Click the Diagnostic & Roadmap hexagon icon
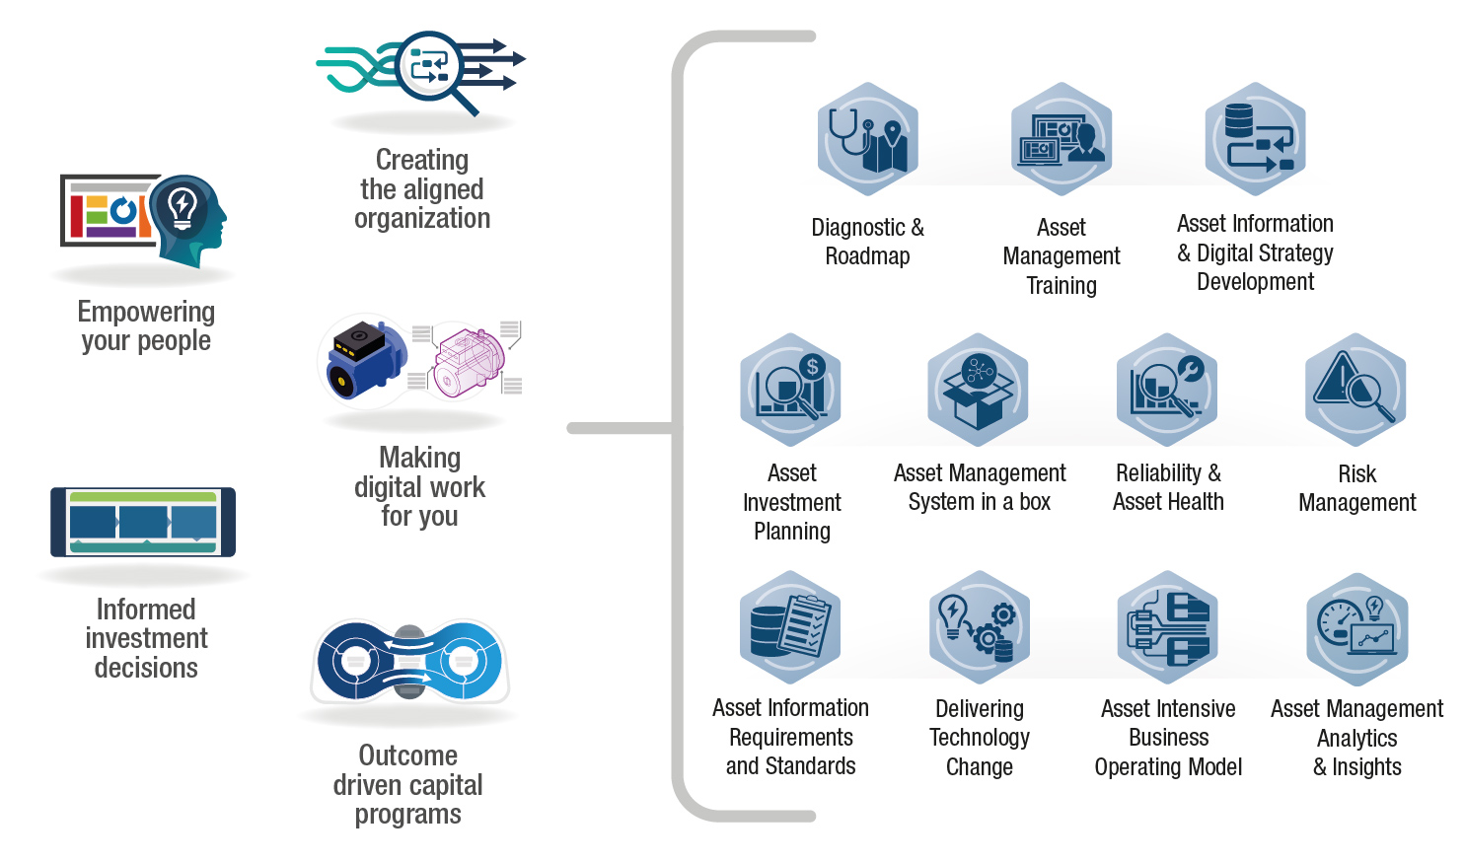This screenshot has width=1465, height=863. [x=867, y=139]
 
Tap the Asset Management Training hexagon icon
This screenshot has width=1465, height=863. [x=1062, y=139]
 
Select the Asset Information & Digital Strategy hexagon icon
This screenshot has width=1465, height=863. [x=1255, y=139]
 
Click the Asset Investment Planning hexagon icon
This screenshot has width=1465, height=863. [x=790, y=390]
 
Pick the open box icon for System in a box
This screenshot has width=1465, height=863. [x=978, y=391]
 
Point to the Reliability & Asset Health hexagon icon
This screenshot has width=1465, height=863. [x=1167, y=390]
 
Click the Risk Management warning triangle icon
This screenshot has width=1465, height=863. [x=1355, y=390]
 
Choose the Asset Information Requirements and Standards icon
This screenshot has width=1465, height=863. [x=790, y=627]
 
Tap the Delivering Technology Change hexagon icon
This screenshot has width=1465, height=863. [x=979, y=627]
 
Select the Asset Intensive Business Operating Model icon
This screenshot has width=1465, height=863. [x=1168, y=627]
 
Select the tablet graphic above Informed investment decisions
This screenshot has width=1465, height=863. [x=143, y=522]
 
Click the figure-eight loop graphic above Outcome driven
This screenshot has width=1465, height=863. [x=409, y=661]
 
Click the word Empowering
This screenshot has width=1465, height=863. [x=146, y=312]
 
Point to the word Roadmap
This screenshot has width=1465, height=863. [x=867, y=256]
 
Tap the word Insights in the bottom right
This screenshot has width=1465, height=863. [x=1366, y=767]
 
